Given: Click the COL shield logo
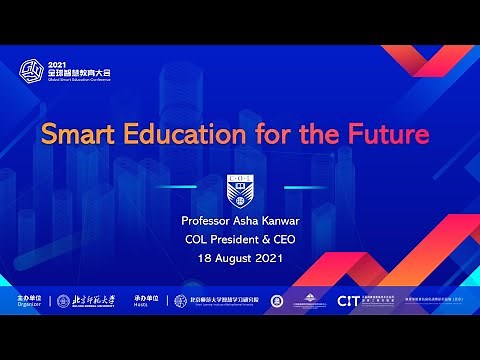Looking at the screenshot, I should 240,192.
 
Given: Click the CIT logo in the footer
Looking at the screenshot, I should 348,301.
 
